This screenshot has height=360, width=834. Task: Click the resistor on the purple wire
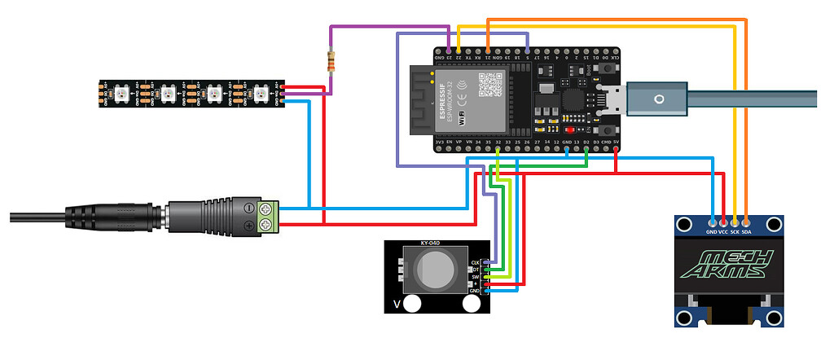click(x=331, y=62)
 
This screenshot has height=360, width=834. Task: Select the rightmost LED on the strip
click(x=261, y=92)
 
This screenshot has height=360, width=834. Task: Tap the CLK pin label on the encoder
click(x=476, y=262)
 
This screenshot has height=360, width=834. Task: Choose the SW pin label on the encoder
click(x=476, y=278)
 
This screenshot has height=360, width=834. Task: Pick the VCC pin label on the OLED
click(x=724, y=231)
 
